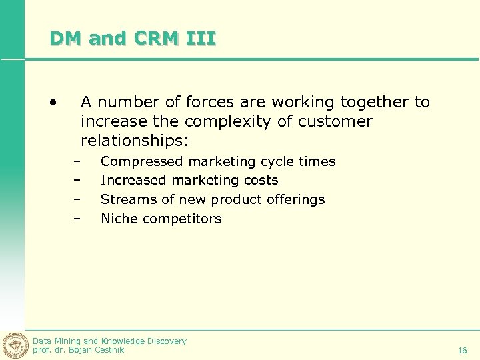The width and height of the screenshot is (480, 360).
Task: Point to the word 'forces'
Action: pos(215,102)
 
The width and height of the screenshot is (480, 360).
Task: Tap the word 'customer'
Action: pos(335,122)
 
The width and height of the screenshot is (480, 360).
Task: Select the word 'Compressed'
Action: pos(141,161)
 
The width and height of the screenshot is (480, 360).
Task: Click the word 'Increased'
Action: pos(133,180)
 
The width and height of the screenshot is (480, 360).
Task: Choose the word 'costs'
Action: pos(261,180)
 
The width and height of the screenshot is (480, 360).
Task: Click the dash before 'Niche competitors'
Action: pos(77,219)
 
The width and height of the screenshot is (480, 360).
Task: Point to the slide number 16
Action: pos(462,351)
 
